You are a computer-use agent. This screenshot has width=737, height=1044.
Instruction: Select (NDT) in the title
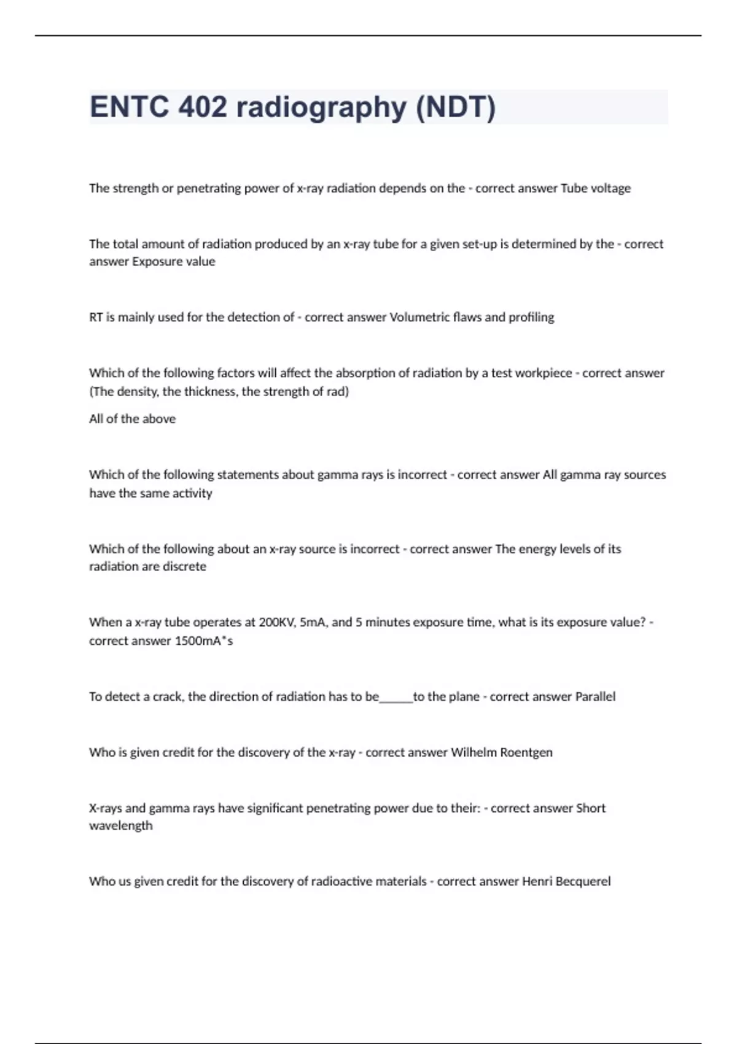click(x=456, y=107)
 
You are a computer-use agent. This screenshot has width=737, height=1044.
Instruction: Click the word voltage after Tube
click(x=610, y=189)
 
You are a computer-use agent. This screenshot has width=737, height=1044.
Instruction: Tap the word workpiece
click(x=543, y=373)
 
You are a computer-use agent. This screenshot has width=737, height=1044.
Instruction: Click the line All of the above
click(x=132, y=419)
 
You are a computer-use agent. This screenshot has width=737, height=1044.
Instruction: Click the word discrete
click(x=184, y=567)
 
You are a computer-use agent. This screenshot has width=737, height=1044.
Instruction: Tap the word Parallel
click(x=595, y=697)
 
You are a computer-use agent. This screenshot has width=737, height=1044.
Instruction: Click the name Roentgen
click(x=526, y=752)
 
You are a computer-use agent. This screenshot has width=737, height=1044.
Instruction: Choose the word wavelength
click(x=120, y=826)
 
